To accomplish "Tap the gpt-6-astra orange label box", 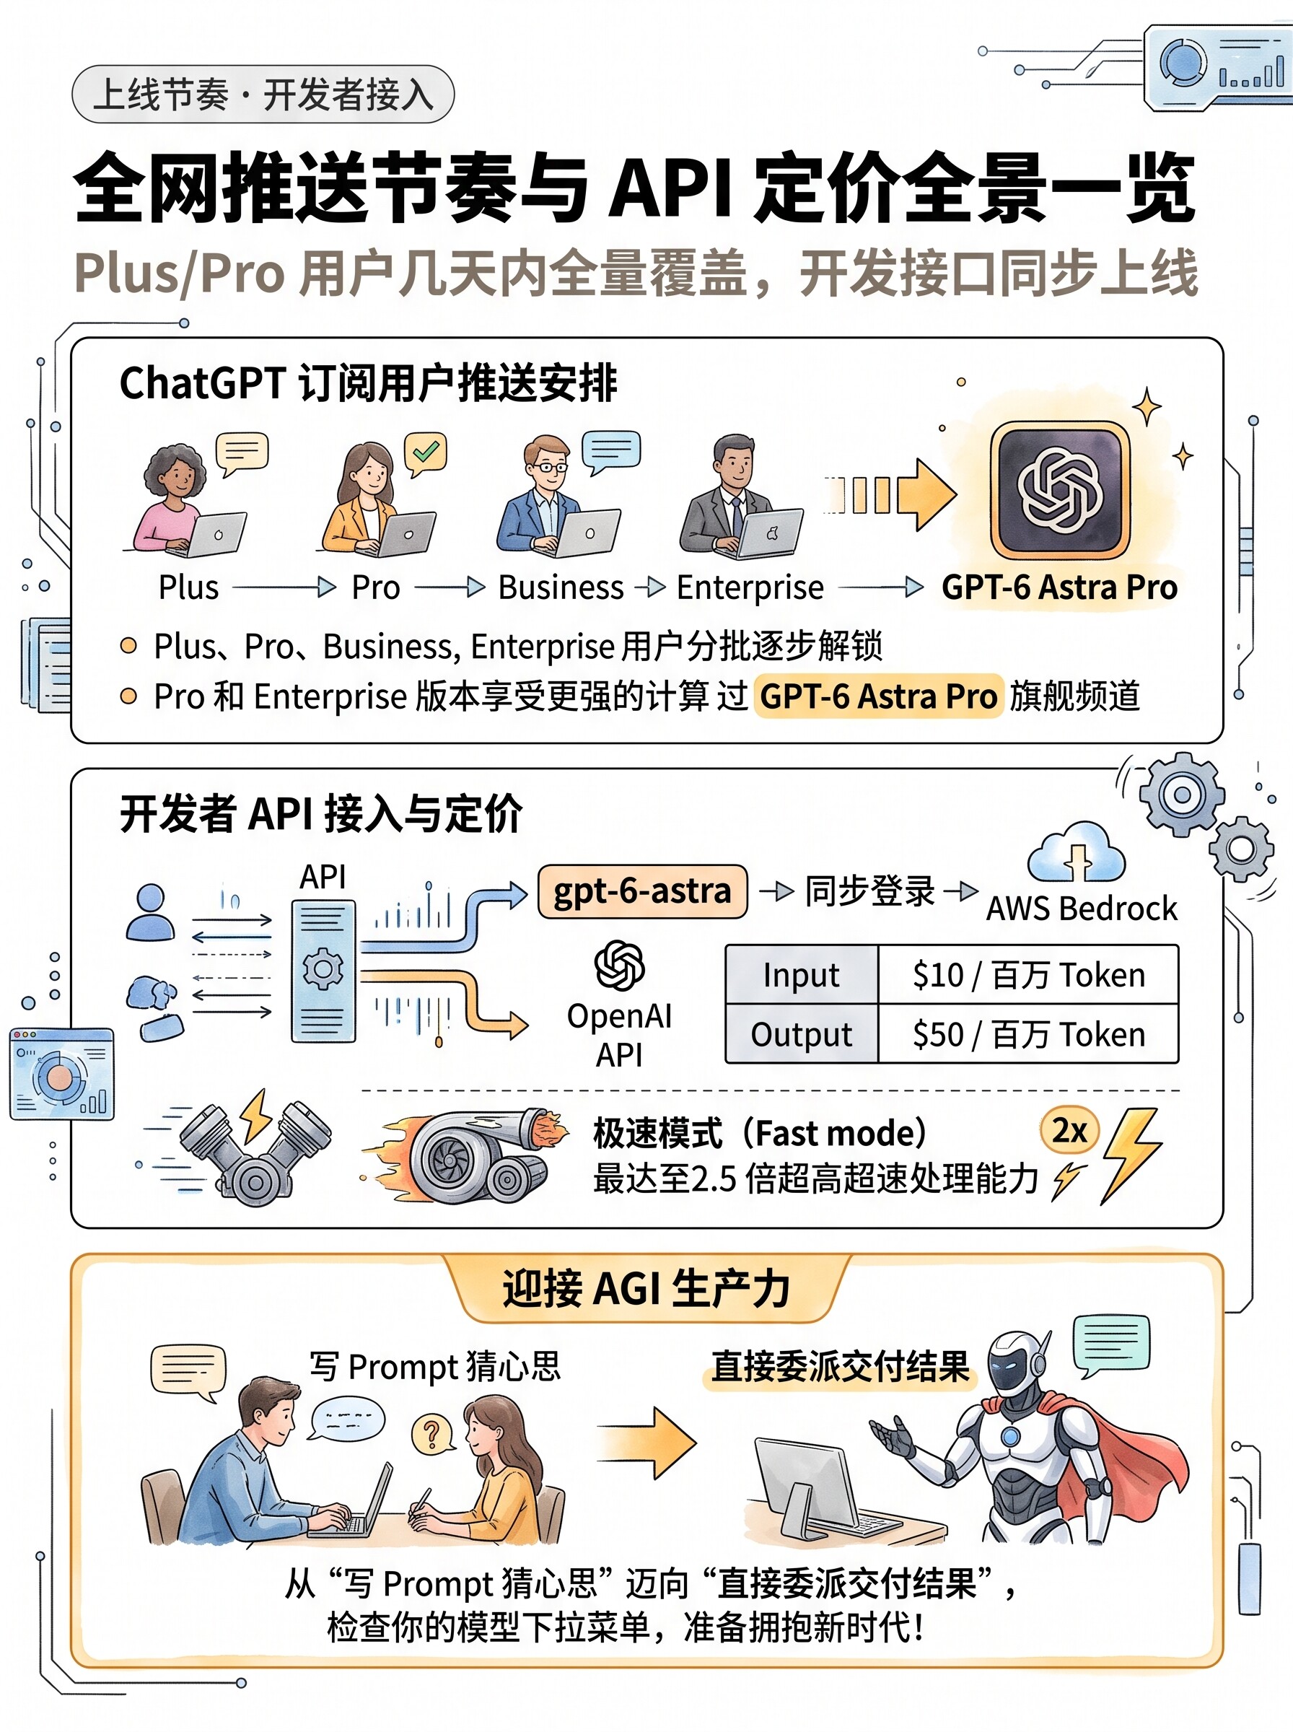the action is coord(641,891).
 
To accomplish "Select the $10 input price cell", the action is coord(1028,974).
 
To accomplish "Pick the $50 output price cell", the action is coord(1028,1034).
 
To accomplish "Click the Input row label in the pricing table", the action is coord(802,974).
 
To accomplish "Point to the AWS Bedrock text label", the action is coord(1082,909).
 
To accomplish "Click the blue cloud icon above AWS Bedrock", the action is coord(1077,853).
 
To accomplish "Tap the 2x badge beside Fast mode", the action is coord(1069,1131).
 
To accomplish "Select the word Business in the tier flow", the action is coord(561,587).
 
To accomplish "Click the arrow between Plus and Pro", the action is coord(284,587).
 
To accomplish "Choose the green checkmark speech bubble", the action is coord(425,454).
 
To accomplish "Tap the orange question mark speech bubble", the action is coord(433,1434).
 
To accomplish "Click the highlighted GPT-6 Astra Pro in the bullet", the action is coord(878,696).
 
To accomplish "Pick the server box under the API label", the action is coord(323,971).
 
